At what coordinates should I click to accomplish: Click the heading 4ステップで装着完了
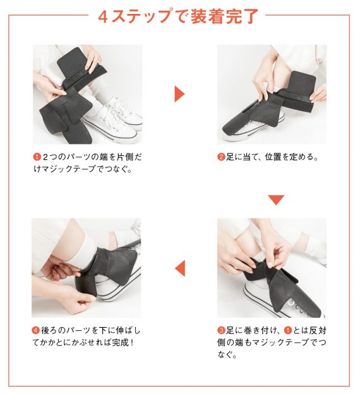point(178,16)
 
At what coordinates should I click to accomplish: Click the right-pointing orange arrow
point(179,94)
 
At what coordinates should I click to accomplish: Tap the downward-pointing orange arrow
point(276,200)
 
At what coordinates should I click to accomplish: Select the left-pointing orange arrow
point(180,268)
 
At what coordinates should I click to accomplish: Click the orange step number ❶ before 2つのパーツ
point(37,157)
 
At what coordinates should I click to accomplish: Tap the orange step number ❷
point(221,157)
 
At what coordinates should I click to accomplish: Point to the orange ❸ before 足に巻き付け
point(221,330)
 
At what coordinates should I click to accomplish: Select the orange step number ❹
point(36,330)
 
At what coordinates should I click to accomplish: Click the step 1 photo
point(88,94)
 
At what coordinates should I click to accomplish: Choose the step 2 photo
point(272,94)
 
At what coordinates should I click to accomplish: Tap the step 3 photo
point(272,268)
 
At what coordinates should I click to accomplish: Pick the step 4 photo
point(87,268)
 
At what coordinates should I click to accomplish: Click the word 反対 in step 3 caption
point(318,330)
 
